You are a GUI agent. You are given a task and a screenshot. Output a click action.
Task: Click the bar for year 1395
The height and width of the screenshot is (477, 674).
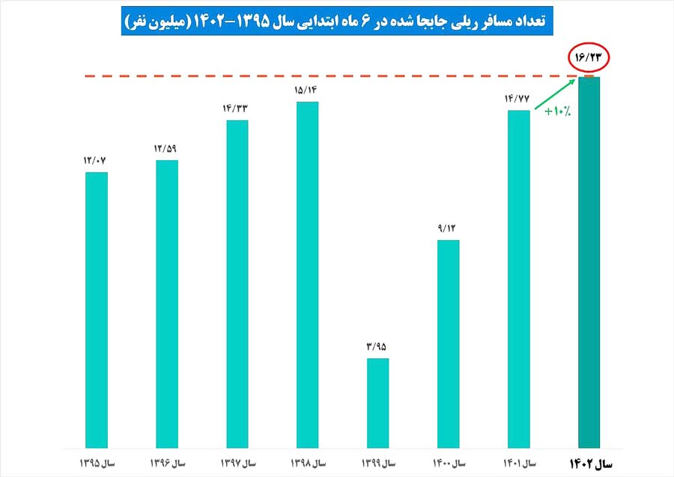tap(97, 310)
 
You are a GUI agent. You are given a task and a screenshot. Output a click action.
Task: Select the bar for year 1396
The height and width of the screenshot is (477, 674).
tap(167, 304)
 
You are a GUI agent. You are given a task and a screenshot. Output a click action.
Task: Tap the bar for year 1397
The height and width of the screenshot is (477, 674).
tap(237, 283)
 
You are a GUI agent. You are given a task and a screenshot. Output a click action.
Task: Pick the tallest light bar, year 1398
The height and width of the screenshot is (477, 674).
tap(308, 274)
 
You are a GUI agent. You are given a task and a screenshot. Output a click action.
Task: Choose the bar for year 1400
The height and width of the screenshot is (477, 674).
tap(448, 343)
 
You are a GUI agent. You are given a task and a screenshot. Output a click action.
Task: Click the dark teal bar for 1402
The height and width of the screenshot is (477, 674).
tap(589, 262)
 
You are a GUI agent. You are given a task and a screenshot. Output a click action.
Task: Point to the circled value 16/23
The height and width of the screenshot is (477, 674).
tap(589, 58)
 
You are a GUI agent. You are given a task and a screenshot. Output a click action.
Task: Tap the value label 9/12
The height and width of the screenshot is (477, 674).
tap(448, 227)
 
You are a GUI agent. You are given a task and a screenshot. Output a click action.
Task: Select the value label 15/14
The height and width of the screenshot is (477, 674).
tap(308, 89)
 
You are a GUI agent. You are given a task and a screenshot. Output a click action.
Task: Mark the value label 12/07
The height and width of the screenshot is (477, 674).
tap(97, 159)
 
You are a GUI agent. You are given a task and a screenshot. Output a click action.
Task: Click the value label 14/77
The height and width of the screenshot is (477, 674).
tap(518, 97)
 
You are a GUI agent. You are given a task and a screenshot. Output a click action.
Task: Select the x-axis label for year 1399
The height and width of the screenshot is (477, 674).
tap(378, 464)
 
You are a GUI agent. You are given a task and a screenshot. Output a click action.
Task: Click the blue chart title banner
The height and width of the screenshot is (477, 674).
tap(337, 22)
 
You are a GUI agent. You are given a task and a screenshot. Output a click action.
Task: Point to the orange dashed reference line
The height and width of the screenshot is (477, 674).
tap(300, 76)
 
